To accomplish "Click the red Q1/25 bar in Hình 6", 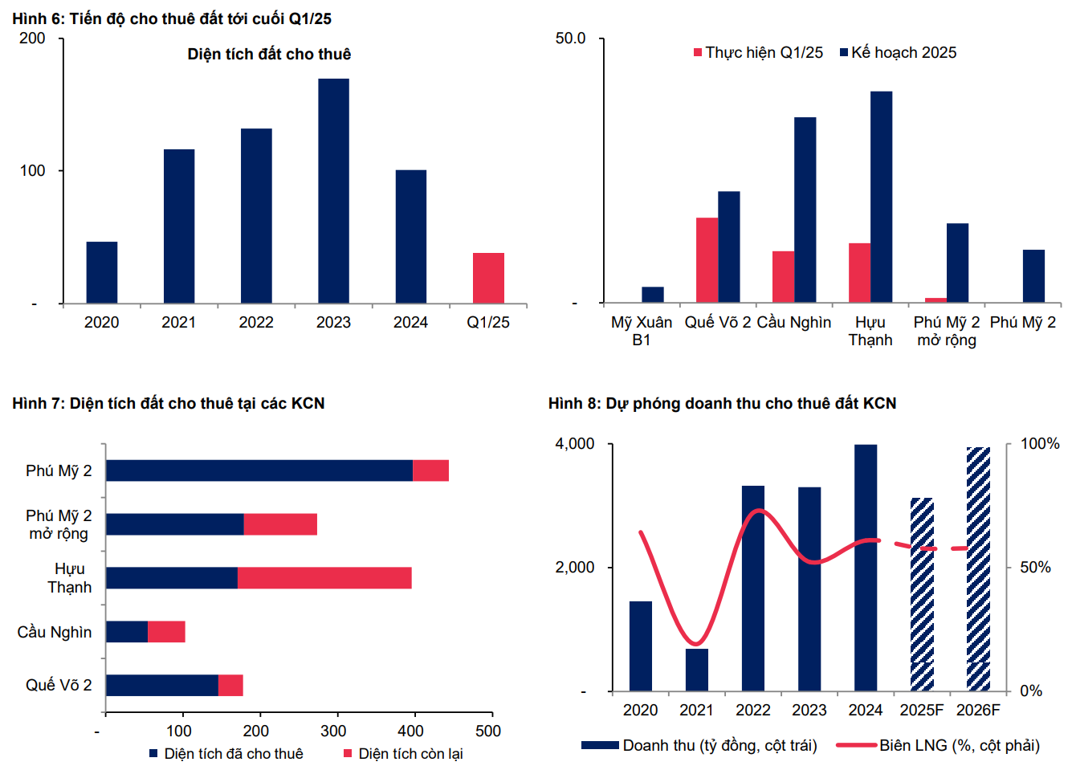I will click(x=488, y=278).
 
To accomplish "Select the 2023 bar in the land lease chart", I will click(x=333, y=191).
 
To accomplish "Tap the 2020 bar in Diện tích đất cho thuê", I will click(x=102, y=272).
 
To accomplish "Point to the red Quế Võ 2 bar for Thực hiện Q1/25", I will click(x=707, y=259).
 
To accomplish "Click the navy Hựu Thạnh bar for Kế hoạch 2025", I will click(x=881, y=197).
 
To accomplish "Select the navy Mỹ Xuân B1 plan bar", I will click(x=653, y=295).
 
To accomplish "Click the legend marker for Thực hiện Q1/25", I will click(x=698, y=53).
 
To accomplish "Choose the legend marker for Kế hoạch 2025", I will click(x=844, y=53).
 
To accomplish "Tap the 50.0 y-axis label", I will click(x=570, y=39).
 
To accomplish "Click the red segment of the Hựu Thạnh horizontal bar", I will click(x=324, y=578).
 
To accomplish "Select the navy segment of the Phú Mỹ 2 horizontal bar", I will click(x=259, y=471).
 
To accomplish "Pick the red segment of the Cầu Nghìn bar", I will click(x=166, y=632).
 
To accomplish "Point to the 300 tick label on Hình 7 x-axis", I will click(x=333, y=731).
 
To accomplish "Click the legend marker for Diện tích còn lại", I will click(x=348, y=754).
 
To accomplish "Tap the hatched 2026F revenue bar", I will click(x=978, y=568).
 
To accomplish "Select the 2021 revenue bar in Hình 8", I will click(x=697, y=670).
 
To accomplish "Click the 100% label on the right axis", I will click(x=1040, y=444).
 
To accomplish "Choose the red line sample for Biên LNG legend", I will click(x=856, y=746).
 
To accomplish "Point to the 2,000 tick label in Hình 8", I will click(x=575, y=568).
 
